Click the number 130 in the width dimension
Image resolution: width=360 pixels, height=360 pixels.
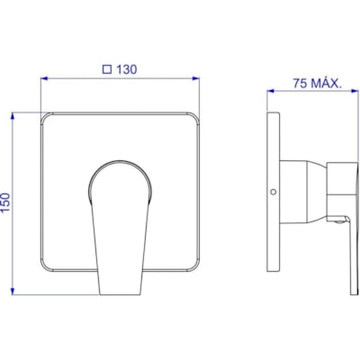point(126,67)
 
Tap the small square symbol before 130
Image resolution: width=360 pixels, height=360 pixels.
point(106,67)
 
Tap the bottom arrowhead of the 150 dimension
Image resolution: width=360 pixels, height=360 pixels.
point(13,290)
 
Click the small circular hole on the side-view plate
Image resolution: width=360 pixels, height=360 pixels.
point(273,193)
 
